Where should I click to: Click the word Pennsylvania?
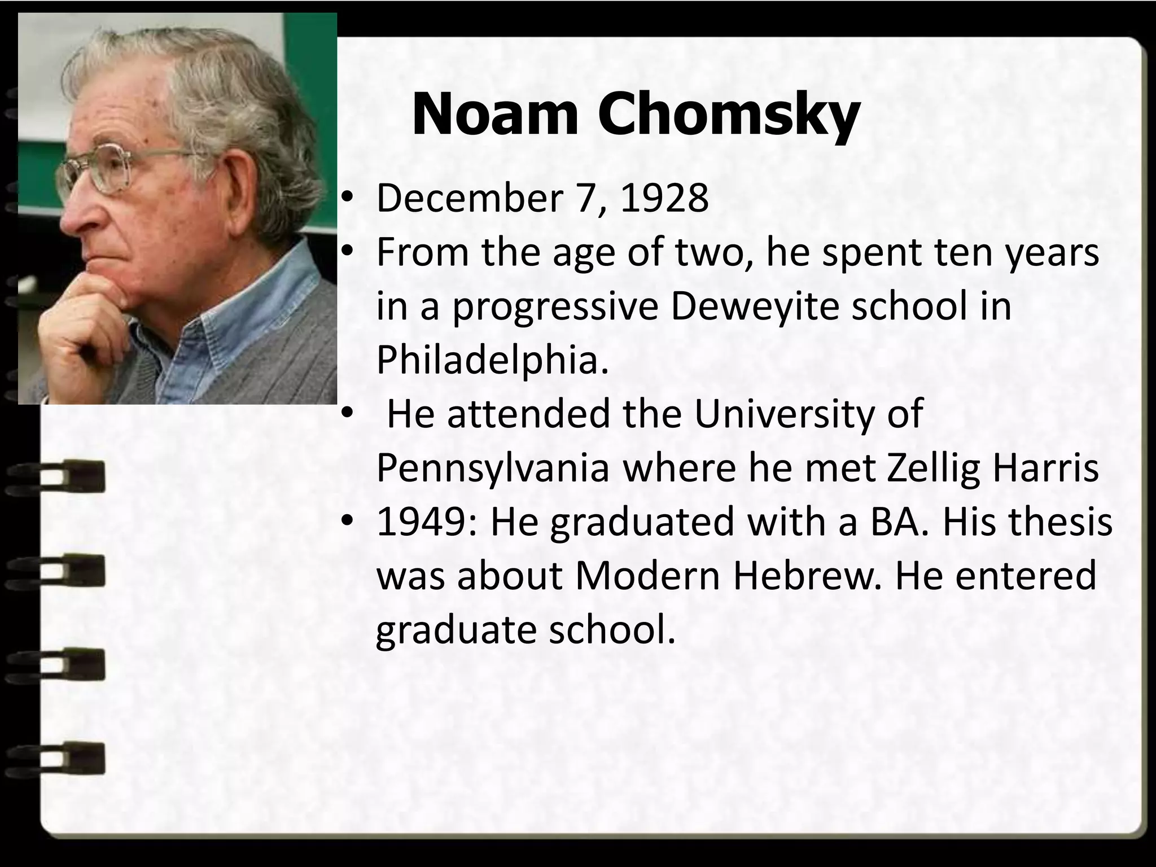(492, 468)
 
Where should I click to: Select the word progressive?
(555, 308)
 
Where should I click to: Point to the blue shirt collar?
(237, 316)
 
